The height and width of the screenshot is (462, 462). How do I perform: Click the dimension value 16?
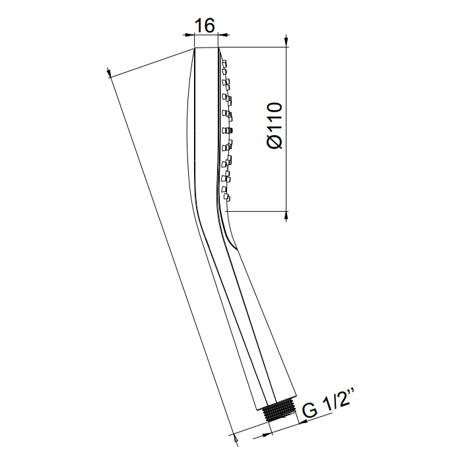tap(205, 26)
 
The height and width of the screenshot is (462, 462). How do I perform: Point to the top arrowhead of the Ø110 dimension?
tap(286, 42)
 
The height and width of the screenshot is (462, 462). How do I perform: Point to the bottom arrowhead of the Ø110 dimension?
tap(286, 215)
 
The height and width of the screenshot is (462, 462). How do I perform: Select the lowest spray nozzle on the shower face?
tap(226, 198)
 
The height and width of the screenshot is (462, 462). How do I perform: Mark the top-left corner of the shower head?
tap(195, 48)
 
